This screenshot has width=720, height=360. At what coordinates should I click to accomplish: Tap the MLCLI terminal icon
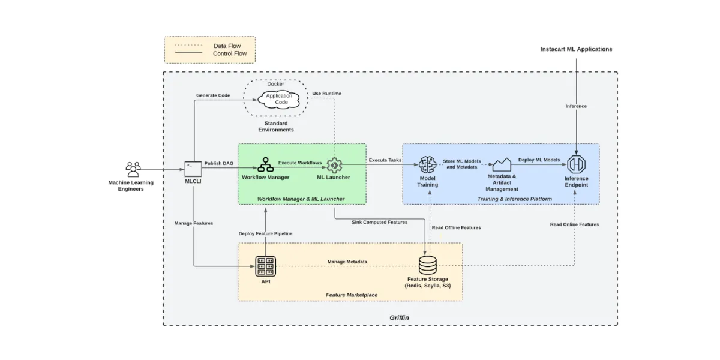click(x=193, y=167)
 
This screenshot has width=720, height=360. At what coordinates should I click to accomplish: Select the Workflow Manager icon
click(x=266, y=164)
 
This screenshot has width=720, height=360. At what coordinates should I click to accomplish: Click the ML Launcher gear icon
click(x=334, y=164)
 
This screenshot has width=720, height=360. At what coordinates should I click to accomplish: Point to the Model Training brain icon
click(x=427, y=164)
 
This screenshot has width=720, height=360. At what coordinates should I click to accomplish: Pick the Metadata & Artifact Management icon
click(x=502, y=164)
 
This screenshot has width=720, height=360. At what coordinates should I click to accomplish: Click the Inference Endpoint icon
click(x=576, y=164)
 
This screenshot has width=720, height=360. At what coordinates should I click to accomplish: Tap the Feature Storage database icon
click(x=428, y=265)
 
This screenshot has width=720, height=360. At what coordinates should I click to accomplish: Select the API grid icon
click(x=265, y=265)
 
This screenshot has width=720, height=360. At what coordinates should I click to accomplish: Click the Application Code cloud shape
click(x=280, y=99)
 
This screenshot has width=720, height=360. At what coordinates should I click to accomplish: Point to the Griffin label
click(x=399, y=317)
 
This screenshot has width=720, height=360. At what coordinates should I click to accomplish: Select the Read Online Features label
click(x=574, y=224)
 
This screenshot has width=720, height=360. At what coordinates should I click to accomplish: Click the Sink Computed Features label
click(x=380, y=222)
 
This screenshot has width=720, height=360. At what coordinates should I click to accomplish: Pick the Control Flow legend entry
click(x=229, y=54)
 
